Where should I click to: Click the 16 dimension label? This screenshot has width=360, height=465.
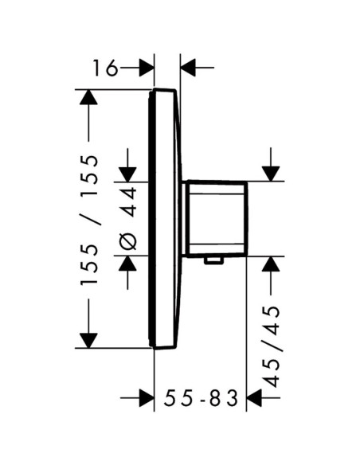click(105, 68)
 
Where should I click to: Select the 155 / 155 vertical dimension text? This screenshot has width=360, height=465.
click(89, 220)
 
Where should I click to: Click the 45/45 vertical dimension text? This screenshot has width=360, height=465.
click(272, 347)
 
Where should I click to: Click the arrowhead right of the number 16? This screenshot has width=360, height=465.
click(147, 68)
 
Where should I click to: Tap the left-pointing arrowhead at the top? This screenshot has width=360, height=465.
click(188, 68)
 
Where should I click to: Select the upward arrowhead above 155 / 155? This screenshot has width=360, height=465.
click(88, 97)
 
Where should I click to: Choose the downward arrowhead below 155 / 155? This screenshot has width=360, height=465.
click(88, 341)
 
